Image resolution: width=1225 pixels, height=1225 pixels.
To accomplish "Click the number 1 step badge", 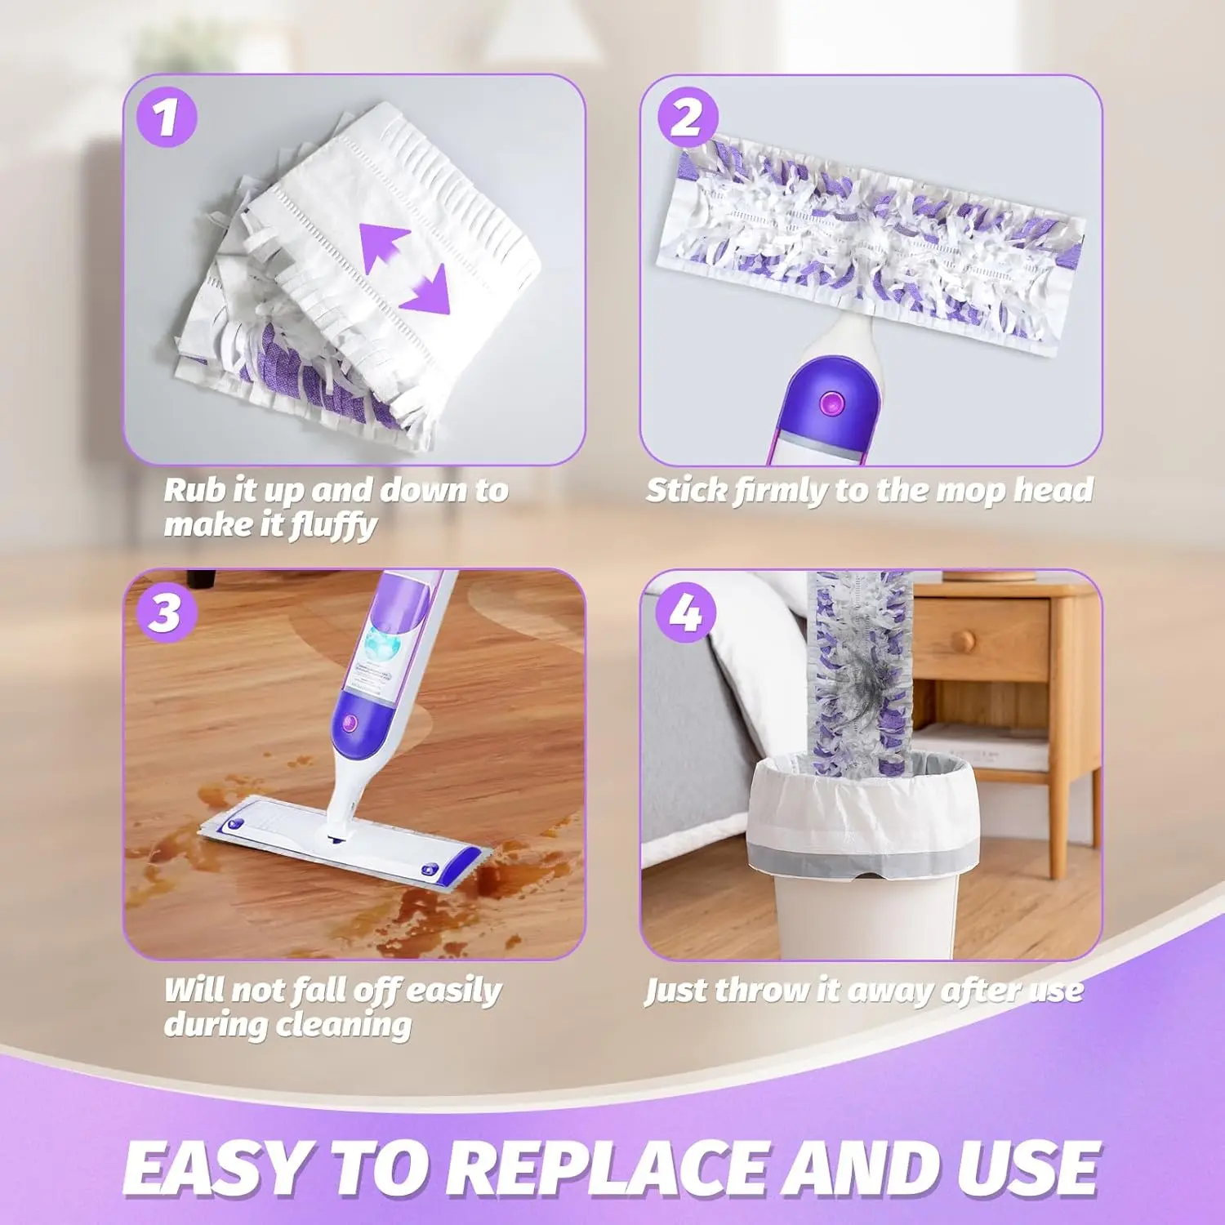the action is click(167, 118).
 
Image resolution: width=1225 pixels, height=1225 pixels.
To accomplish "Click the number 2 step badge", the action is click(688, 118).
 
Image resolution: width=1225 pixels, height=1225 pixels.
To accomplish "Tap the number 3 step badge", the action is click(167, 612).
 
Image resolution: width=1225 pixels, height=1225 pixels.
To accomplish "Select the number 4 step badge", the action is click(686, 612).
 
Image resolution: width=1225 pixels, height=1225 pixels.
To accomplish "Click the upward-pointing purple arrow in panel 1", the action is click(385, 247).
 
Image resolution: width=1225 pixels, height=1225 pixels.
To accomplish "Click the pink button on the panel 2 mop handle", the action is click(831, 402).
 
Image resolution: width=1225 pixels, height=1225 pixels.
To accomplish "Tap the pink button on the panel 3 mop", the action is click(351, 722).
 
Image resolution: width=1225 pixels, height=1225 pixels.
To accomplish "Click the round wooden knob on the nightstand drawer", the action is click(964, 641).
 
